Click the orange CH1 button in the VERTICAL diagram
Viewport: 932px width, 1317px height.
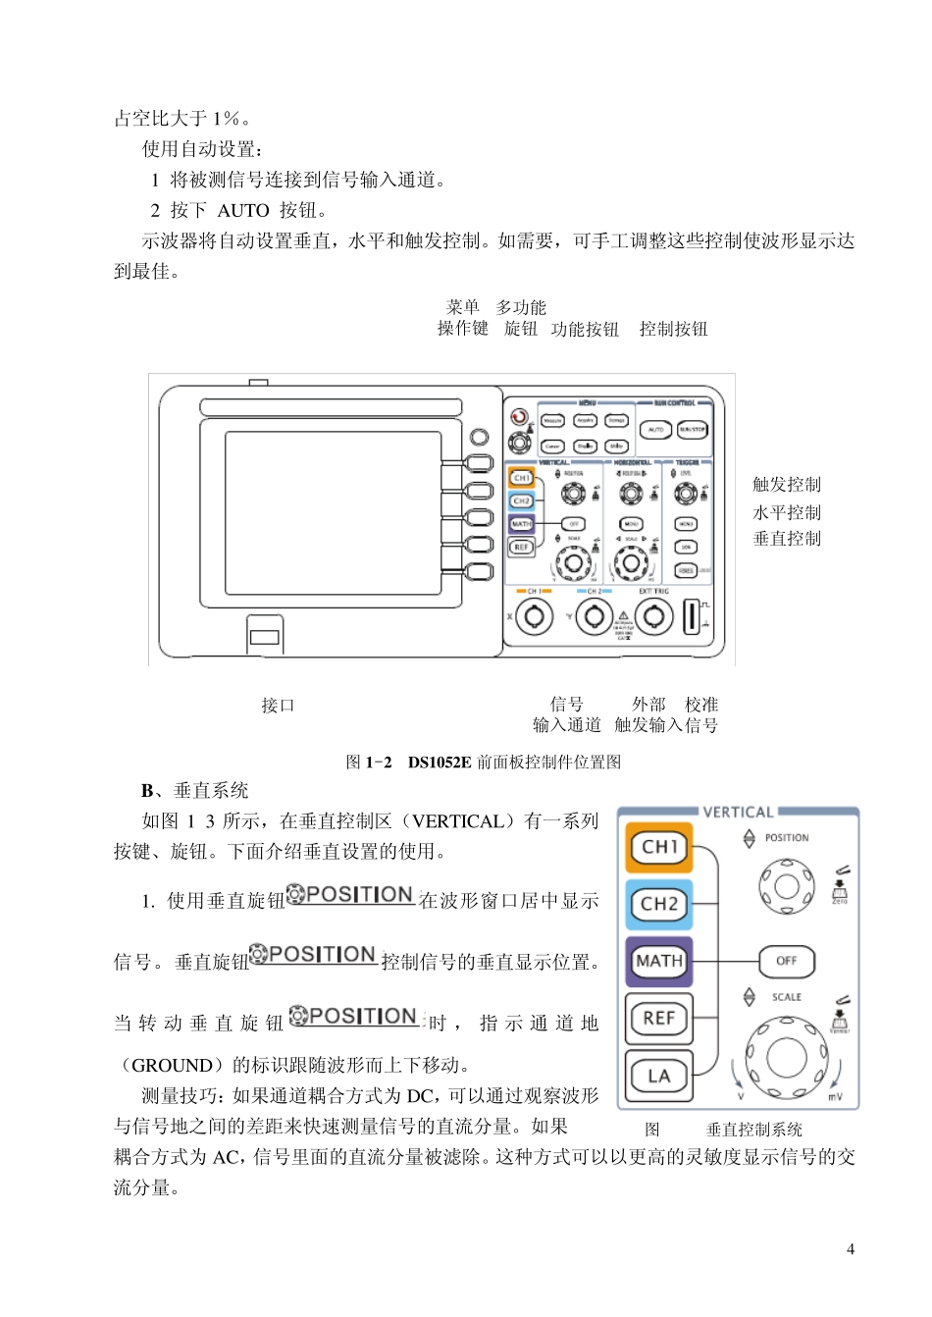point(659,847)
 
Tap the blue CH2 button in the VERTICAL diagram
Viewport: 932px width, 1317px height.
point(659,904)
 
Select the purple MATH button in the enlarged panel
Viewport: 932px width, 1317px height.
point(659,961)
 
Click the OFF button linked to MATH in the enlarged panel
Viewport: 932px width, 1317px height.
point(787,961)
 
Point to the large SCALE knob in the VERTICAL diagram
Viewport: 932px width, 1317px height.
point(786,1058)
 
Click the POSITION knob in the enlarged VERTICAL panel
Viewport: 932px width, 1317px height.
point(787,886)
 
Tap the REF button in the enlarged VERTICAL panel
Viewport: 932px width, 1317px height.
point(659,1018)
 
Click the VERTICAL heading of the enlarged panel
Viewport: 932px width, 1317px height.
point(738,813)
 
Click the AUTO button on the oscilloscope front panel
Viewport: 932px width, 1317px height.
point(655,430)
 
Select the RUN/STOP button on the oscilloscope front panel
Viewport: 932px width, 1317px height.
point(692,430)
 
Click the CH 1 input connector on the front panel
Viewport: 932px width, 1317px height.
point(535,616)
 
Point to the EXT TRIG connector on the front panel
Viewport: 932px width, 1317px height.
point(654,616)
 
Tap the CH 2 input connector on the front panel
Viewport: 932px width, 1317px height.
point(595,616)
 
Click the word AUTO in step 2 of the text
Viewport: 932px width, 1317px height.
point(242,211)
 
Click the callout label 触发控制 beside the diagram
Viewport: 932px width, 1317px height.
point(787,485)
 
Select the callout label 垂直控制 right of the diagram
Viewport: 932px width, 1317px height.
point(787,539)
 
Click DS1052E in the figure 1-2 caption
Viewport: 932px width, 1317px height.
point(440,763)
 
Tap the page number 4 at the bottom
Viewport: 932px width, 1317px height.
point(851,1249)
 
